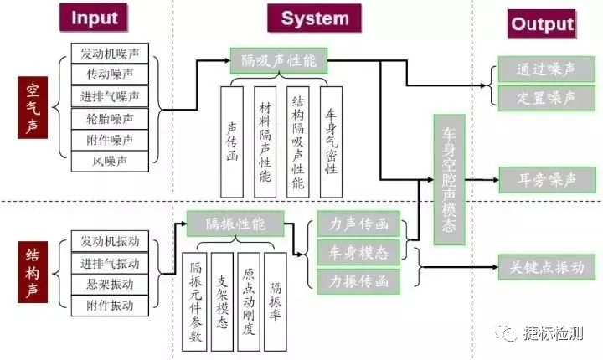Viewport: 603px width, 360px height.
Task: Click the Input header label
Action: click(x=94, y=18)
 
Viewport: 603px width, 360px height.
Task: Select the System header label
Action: click(x=315, y=18)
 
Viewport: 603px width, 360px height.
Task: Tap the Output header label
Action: click(x=542, y=23)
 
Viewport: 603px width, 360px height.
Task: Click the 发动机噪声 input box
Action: click(x=110, y=53)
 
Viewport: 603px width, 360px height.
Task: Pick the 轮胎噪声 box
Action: click(x=110, y=119)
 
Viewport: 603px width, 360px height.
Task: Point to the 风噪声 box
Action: click(x=110, y=161)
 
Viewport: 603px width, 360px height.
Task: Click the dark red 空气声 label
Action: click(x=33, y=107)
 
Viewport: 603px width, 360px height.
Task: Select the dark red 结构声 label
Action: click(x=33, y=272)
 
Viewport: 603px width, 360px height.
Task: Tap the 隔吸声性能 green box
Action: click(x=279, y=60)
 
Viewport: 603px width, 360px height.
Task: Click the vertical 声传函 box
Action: click(x=232, y=142)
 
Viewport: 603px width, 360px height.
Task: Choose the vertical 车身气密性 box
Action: click(x=331, y=142)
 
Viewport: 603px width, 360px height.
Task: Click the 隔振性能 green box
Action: click(x=235, y=224)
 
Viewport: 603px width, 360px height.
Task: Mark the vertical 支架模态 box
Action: click(x=222, y=301)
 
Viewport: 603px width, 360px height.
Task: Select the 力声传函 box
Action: click(x=358, y=224)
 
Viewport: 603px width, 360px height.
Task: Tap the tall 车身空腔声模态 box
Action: click(x=449, y=180)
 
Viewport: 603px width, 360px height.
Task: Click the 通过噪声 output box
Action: click(x=546, y=69)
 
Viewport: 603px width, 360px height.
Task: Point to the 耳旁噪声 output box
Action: click(x=547, y=180)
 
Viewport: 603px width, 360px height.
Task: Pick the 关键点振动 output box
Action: click(x=547, y=267)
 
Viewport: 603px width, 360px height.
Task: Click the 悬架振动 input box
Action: click(x=110, y=285)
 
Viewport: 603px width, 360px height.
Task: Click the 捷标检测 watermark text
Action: click(x=553, y=333)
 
